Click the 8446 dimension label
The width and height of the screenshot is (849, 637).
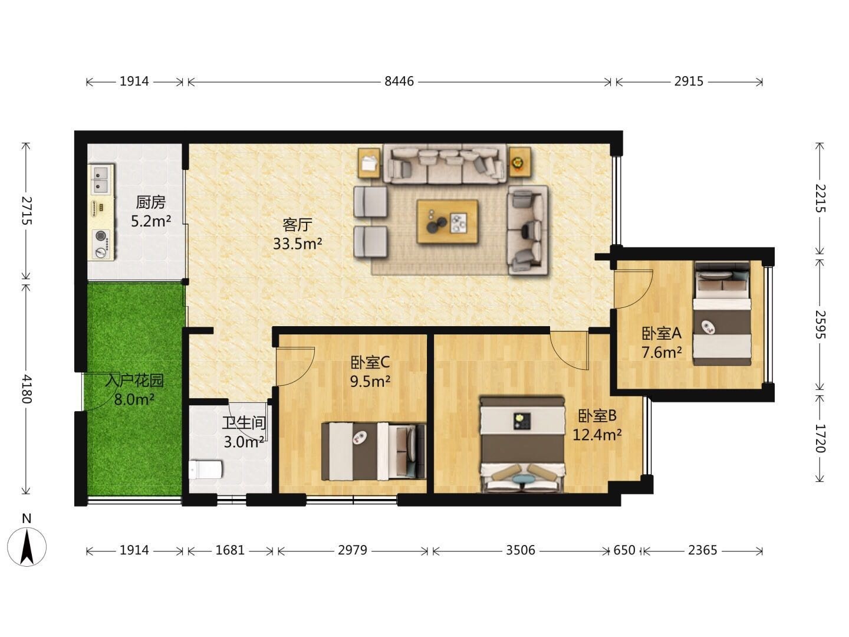[399, 81]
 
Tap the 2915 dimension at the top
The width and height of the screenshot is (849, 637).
[689, 81]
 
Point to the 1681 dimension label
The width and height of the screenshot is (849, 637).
[230, 550]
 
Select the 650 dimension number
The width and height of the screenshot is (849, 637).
[624, 550]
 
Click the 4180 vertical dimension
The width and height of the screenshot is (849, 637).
[26, 389]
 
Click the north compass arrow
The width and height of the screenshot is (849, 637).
[27, 547]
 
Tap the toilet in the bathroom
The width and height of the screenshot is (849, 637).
[205, 469]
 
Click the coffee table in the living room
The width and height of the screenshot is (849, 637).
[447, 222]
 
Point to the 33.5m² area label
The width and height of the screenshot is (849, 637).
[297, 244]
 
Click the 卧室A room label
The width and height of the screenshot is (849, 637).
[661, 333]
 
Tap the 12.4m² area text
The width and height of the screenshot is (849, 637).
[597, 435]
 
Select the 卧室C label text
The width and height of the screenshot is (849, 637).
[370, 362]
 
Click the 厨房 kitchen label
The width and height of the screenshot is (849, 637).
[150, 202]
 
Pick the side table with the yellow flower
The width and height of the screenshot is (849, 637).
[519, 162]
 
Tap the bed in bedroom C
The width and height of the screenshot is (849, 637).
[374, 451]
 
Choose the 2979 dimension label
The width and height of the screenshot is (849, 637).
[353, 550]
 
